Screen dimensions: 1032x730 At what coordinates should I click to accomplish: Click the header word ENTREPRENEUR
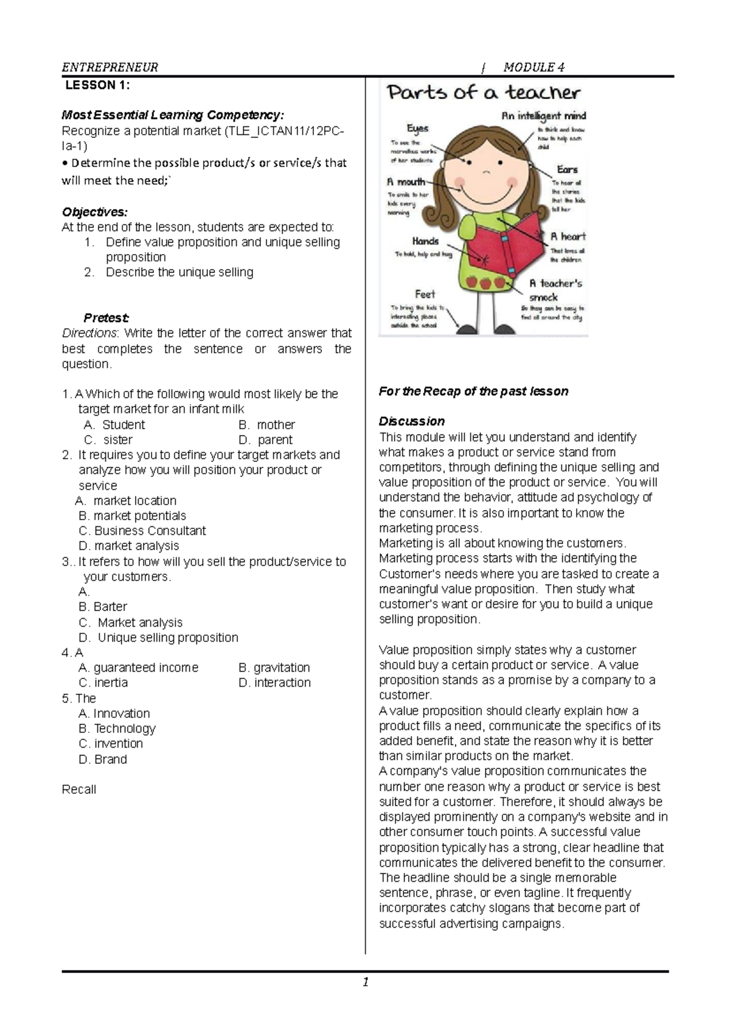110,67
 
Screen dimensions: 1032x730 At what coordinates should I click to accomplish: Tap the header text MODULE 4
534,67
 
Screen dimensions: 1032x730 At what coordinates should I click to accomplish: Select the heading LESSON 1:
97,85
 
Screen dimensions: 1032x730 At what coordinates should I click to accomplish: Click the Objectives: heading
95,212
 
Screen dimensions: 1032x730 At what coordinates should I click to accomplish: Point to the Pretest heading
106,318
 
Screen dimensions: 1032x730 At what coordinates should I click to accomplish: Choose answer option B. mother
266,425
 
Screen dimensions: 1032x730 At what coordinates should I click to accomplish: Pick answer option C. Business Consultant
142,531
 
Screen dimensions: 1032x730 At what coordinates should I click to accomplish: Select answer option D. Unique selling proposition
159,638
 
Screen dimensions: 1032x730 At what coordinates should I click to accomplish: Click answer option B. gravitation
274,667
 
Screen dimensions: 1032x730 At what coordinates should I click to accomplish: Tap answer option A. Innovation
114,714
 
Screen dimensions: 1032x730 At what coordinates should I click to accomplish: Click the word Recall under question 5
79,789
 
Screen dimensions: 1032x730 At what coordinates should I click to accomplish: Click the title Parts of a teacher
484,93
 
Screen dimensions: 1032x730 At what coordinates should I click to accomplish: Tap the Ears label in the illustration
567,170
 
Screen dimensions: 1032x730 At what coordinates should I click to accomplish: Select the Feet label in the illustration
425,294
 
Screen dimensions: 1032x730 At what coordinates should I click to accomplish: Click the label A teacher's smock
554,290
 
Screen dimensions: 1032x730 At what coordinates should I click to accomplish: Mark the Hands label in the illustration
425,241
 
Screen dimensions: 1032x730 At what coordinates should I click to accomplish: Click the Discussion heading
412,421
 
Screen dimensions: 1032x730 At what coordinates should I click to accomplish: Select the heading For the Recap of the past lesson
473,391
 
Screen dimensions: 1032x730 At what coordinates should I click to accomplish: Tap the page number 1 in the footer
366,982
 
